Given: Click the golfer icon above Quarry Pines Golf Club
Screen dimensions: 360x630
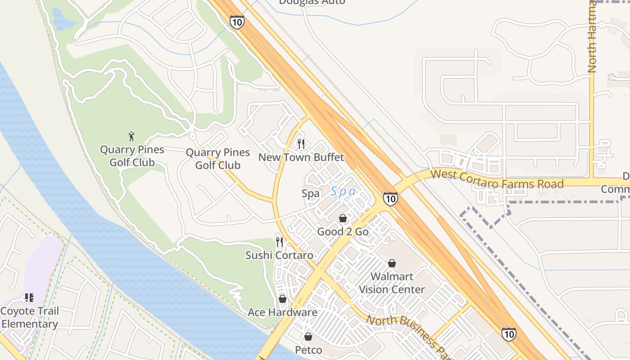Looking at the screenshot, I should [x=131, y=136].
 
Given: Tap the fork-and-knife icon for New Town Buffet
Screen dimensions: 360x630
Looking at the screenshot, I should [x=301, y=144].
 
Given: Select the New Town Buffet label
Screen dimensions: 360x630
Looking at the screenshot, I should [x=301, y=157].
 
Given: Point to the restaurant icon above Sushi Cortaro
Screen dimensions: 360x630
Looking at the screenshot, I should [x=279, y=242].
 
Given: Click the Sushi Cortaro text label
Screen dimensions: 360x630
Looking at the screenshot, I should [x=279, y=256].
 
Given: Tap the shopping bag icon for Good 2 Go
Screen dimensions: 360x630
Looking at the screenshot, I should [x=343, y=218].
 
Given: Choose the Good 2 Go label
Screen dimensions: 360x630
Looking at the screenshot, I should [x=343, y=232].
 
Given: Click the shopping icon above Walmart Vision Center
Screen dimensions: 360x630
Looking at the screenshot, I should [x=392, y=263].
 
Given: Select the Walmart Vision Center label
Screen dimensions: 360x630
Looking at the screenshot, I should [x=391, y=283].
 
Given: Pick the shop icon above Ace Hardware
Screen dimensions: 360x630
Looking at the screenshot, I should [x=283, y=299].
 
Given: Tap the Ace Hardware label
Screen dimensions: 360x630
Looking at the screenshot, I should [x=283, y=312].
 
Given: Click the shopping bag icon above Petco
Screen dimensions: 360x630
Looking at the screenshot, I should [x=308, y=337].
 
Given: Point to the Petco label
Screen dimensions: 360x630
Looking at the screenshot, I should [x=308, y=350].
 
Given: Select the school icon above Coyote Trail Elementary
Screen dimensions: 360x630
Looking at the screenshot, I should [x=29, y=297].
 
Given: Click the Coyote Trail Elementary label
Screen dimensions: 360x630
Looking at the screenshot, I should [x=29, y=318].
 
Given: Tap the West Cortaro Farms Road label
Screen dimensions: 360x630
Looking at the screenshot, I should [x=497, y=179].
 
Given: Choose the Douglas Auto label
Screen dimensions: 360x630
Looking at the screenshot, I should [x=312, y=2].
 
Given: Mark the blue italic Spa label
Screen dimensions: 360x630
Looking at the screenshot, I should [x=344, y=192].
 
